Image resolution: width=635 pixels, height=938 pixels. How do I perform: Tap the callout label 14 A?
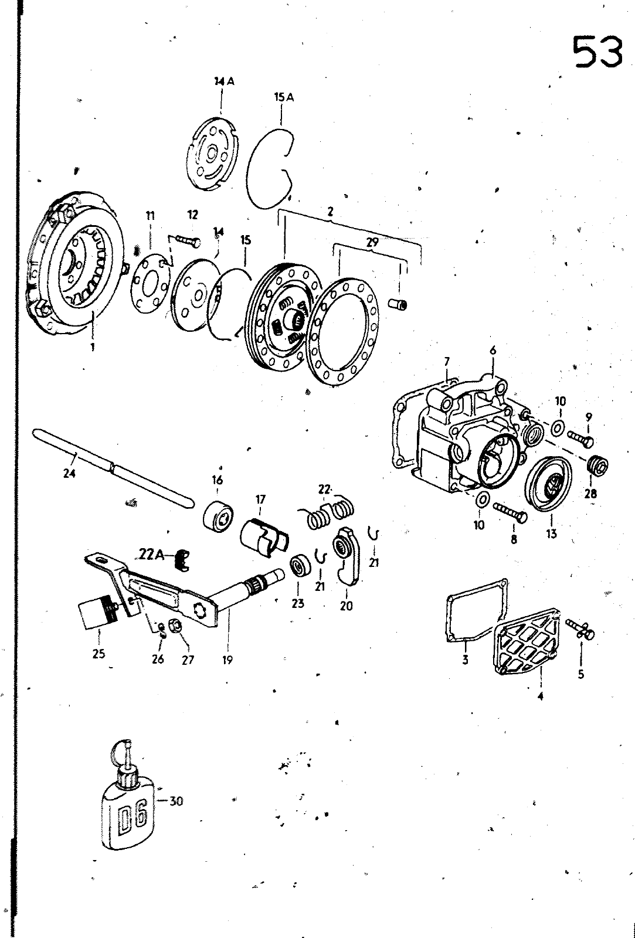click(224, 82)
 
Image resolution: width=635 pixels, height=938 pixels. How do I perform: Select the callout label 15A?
click(284, 97)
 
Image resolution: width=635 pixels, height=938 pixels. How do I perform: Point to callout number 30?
click(176, 801)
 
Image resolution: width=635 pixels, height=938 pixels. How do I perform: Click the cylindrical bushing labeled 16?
click(218, 516)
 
